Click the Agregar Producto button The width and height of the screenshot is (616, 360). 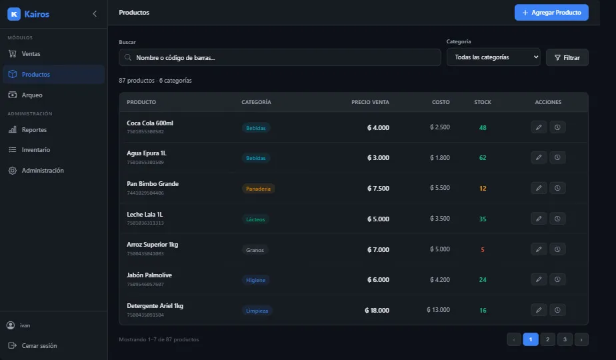tap(551, 13)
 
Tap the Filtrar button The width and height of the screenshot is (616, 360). tap(567, 57)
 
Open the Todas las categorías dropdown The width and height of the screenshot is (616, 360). tap(493, 57)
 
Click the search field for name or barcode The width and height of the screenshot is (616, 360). tap(280, 57)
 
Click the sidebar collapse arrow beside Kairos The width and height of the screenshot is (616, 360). tap(95, 14)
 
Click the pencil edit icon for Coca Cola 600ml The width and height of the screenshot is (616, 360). tap(539, 127)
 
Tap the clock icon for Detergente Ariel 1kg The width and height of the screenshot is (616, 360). tap(557, 310)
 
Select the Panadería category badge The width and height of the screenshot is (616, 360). tap(258, 189)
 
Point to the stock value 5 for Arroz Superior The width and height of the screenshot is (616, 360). tap(483, 249)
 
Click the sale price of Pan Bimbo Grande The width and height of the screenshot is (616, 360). tap(378, 188)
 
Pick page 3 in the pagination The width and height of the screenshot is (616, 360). tap(565, 339)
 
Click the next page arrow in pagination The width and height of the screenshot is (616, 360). tap(581, 339)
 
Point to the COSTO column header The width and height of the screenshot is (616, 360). tap(441, 102)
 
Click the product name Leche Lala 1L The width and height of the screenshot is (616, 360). tap(145, 214)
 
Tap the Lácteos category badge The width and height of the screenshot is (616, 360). tap(255, 219)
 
